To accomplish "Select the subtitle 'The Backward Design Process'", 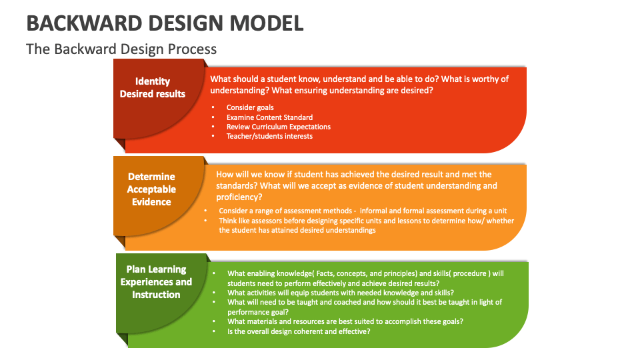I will click(121, 49).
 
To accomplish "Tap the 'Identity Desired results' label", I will click(153, 87).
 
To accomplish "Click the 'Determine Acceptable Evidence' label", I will click(151, 189).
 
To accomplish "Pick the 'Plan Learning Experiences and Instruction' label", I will click(156, 282).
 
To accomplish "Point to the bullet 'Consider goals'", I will click(250, 107).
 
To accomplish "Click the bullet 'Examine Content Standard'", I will click(269, 117).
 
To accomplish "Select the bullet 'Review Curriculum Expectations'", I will click(278, 127).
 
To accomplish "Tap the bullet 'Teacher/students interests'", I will click(269, 136).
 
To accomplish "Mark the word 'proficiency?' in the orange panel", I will click(239, 197).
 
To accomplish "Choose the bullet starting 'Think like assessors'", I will click(366, 221).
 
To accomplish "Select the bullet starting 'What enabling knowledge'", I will click(365, 273).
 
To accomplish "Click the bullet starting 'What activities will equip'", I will click(341, 293).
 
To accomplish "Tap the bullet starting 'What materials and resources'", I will click(345, 321).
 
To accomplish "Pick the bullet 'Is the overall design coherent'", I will click(299, 331).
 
